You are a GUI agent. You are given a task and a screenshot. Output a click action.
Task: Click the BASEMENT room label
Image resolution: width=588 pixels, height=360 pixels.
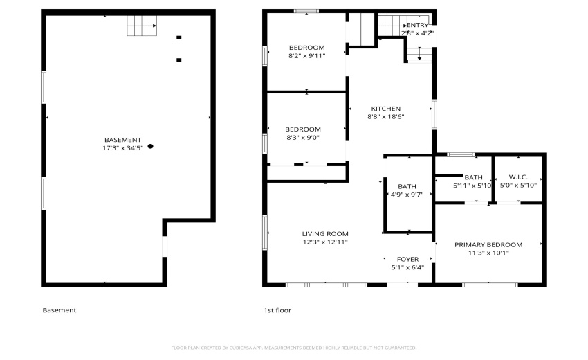point(122,139)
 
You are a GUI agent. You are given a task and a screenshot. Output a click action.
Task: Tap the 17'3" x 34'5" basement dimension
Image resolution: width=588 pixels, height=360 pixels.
point(122,147)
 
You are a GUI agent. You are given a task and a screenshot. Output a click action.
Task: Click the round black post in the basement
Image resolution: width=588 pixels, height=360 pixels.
point(150,146)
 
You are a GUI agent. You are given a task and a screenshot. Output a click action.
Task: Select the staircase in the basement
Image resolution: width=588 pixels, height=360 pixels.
point(142,27)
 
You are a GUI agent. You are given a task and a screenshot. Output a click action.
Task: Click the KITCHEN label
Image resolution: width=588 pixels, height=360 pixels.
point(385,109)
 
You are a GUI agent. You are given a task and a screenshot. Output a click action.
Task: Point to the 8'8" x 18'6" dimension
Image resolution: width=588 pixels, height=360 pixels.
point(385,117)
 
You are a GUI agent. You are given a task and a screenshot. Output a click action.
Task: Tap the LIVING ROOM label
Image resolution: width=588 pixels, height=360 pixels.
point(325,233)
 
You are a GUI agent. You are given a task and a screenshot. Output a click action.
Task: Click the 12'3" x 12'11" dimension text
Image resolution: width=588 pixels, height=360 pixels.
point(325,242)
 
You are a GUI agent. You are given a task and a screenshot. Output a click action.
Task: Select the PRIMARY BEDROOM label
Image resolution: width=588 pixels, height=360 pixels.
point(488,244)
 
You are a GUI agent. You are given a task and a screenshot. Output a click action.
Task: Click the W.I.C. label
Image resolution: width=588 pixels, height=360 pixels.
point(518,177)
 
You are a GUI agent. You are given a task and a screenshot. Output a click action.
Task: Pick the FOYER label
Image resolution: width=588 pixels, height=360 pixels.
point(407,259)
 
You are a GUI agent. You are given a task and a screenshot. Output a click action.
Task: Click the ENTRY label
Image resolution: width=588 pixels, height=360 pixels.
point(417,25)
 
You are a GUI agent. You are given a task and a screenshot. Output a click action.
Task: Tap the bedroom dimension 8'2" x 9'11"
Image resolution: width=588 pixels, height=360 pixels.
point(306,55)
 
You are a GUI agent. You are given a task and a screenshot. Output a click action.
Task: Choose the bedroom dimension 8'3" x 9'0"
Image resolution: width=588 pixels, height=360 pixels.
point(303,137)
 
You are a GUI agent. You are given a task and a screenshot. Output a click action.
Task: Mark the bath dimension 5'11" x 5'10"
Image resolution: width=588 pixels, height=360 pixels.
point(472,186)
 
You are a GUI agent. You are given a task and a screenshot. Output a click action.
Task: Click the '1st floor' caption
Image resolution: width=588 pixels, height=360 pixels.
point(277,310)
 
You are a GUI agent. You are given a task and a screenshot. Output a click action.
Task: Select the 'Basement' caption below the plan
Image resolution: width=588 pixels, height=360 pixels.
point(59,310)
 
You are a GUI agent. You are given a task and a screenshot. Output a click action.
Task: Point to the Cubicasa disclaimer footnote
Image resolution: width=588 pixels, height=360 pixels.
point(293,348)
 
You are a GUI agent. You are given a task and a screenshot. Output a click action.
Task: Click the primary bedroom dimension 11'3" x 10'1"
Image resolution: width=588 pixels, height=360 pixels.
point(488,253)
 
